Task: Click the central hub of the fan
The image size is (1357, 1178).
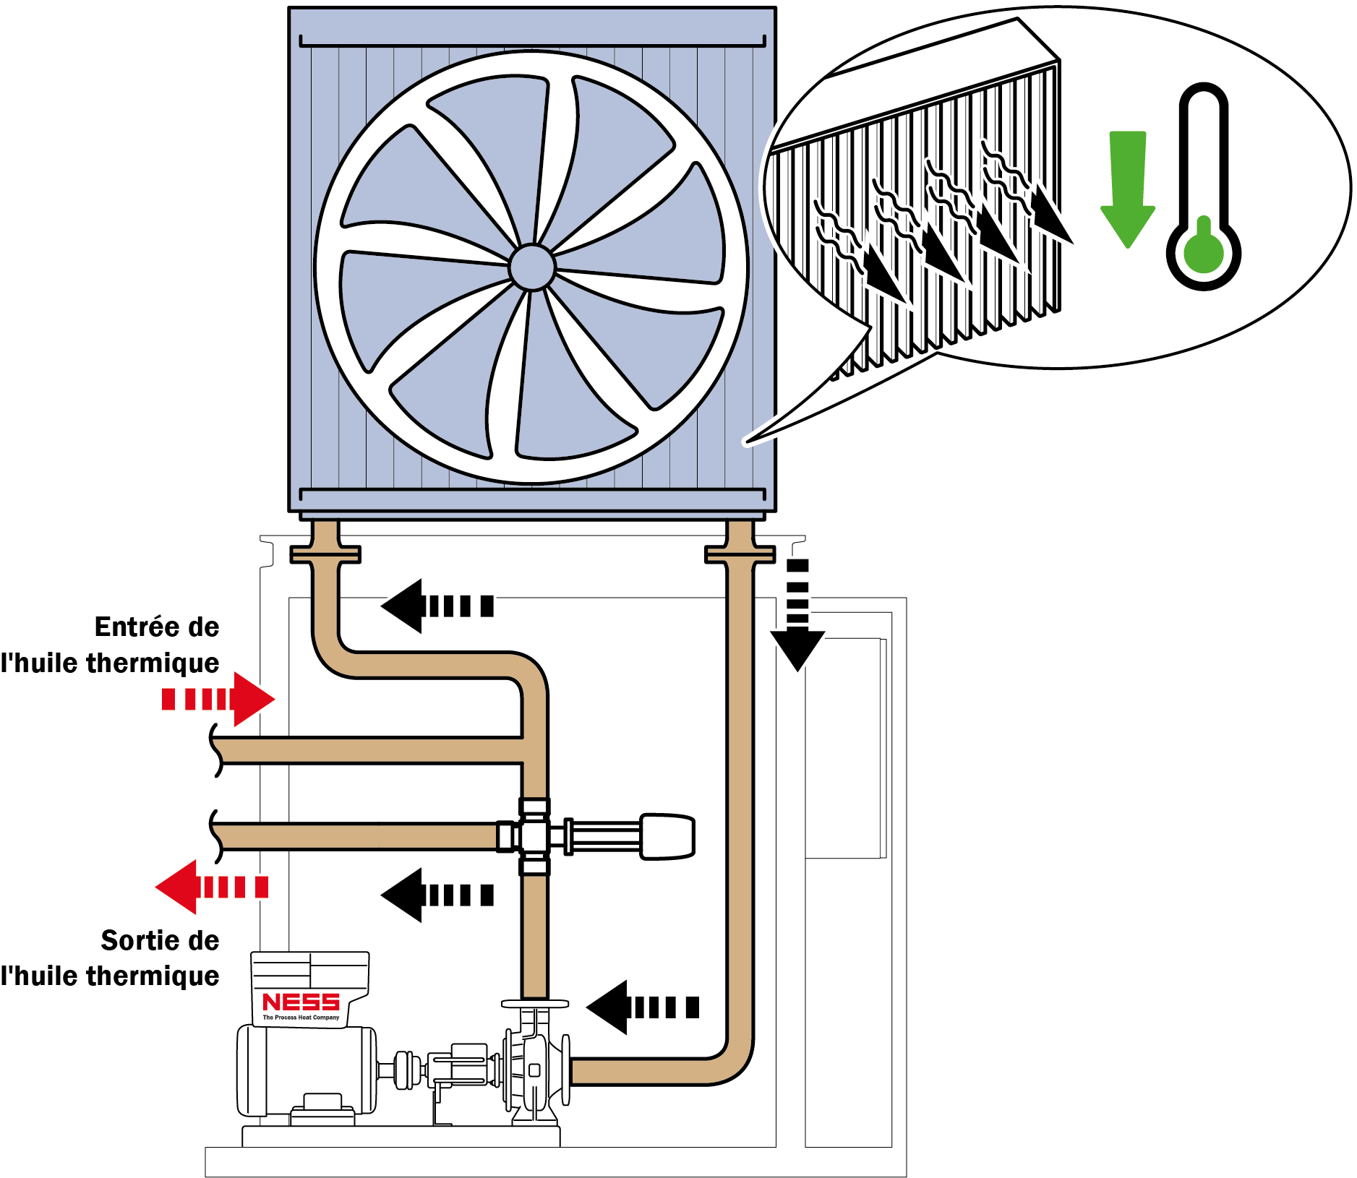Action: [x=532, y=267]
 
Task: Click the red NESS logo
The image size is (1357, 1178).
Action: [x=301, y=1002]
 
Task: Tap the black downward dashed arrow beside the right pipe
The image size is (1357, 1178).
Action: [x=797, y=614]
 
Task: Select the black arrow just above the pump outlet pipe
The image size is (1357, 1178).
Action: [x=642, y=1007]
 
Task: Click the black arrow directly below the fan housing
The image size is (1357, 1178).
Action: [x=437, y=606]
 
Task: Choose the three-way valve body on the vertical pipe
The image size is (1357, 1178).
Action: [x=534, y=836]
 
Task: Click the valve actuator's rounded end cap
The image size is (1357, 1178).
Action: [x=668, y=836]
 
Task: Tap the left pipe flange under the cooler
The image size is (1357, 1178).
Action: [x=325, y=554]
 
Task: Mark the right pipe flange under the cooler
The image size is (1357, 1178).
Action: [x=740, y=554]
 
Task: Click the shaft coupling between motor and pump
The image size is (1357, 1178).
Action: [x=406, y=1069]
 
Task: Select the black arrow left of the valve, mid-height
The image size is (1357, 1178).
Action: [x=437, y=895]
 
